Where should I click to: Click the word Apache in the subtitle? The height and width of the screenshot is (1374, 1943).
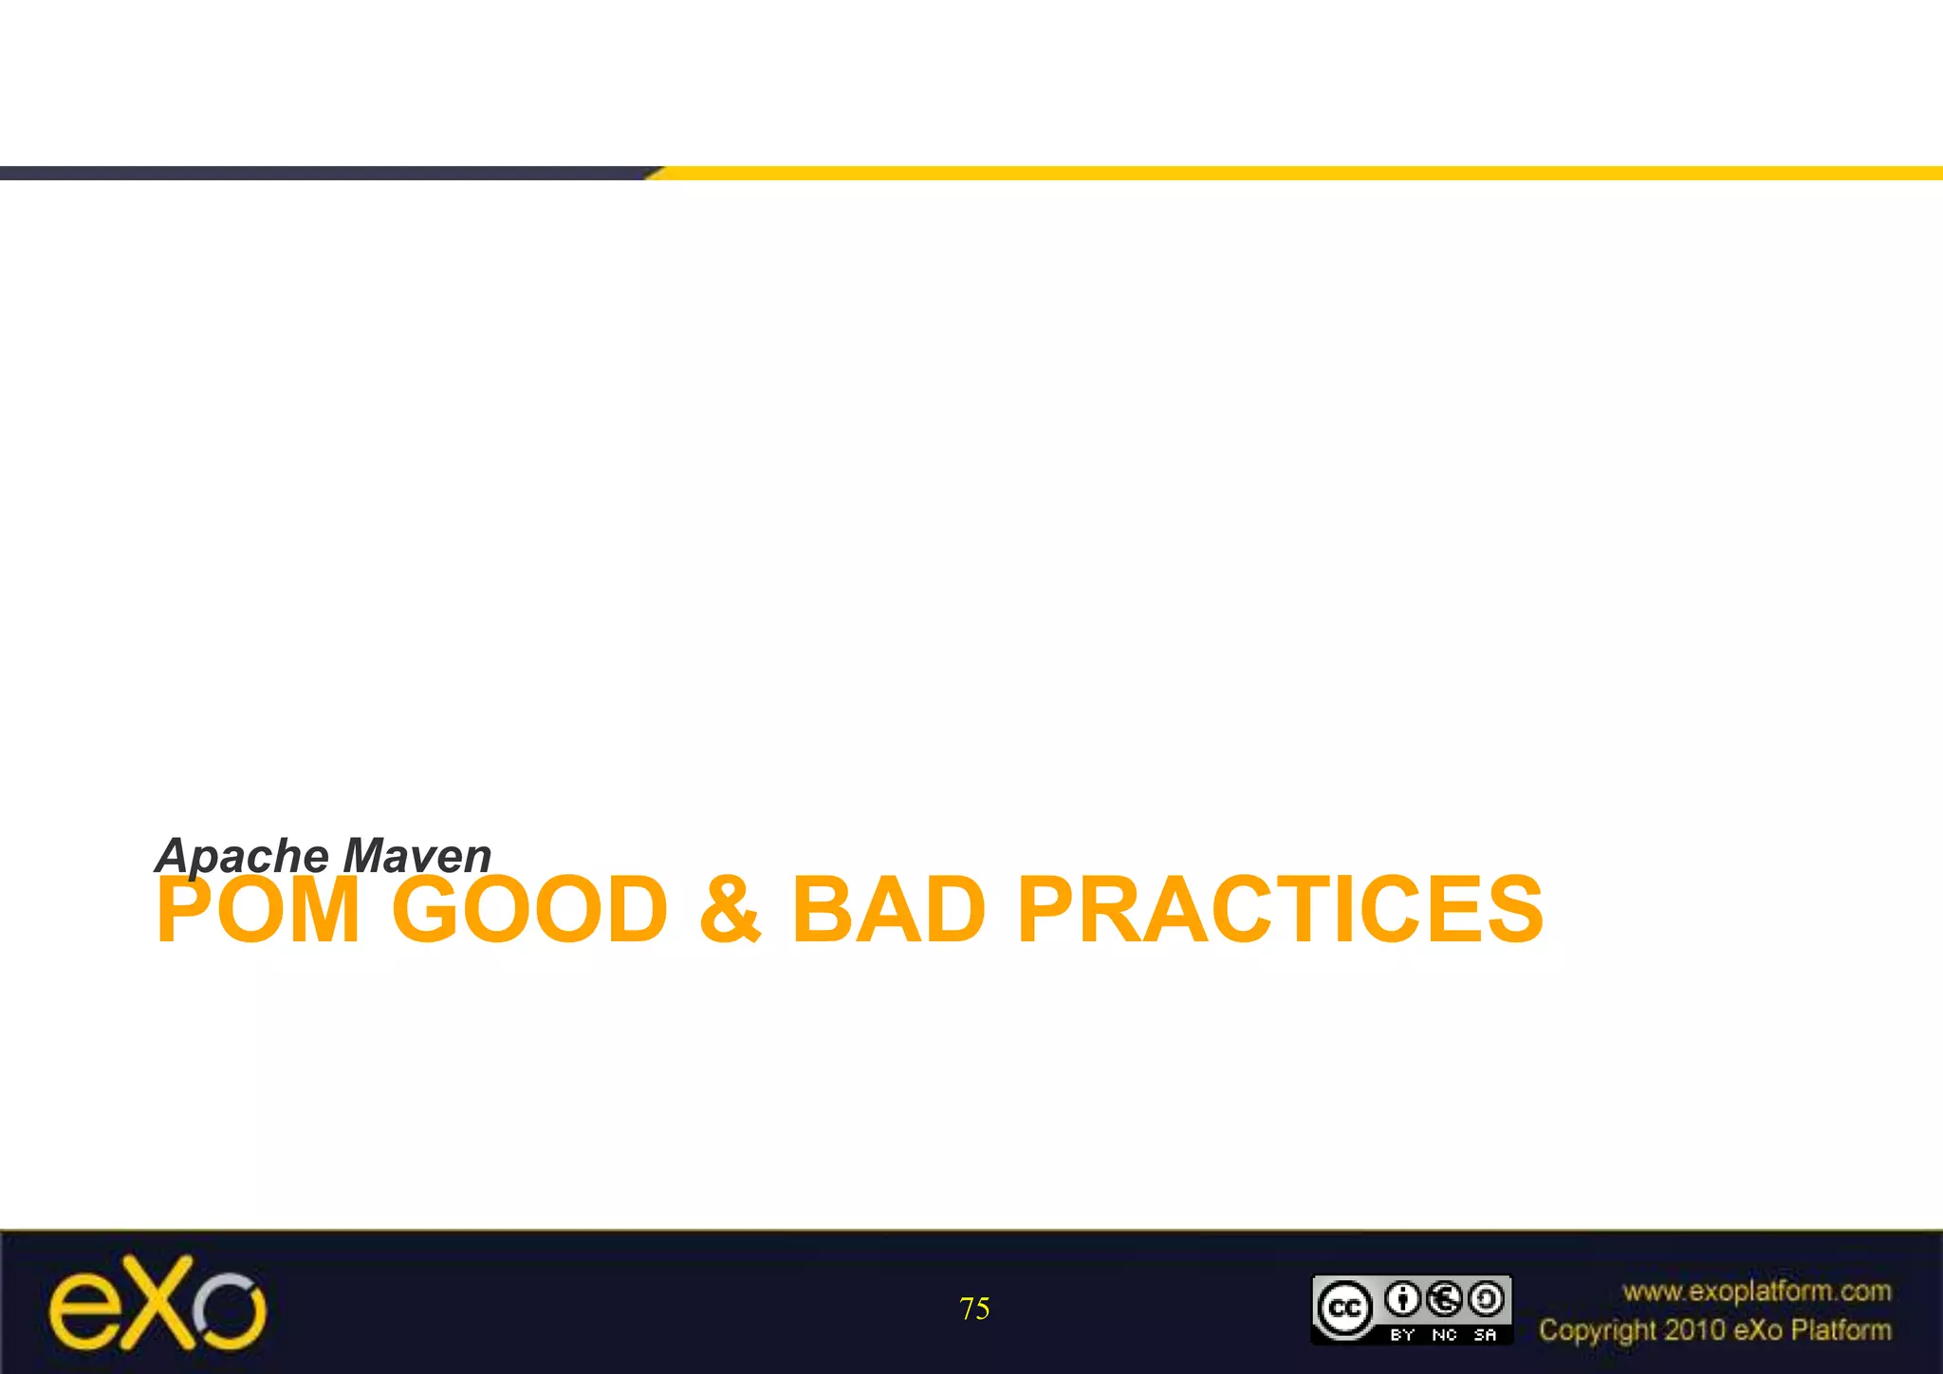[x=243, y=855]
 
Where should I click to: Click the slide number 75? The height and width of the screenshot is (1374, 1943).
[x=974, y=1309]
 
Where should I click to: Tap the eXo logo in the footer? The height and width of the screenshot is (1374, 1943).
[x=157, y=1304]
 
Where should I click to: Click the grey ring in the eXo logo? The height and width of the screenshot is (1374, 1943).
[x=230, y=1309]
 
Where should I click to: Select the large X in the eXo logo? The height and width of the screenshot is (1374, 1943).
[x=157, y=1302]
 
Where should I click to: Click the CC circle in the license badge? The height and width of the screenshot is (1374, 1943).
[x=1344, y=1308]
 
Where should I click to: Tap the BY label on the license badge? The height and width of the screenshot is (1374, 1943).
[x=1402, y=1334]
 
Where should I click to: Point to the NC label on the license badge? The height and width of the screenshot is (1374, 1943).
[x=1444, y=1334]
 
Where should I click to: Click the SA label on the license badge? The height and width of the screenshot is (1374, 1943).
[x=1486, y=1334]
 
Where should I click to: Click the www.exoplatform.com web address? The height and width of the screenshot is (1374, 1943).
[x=1756, y=1290]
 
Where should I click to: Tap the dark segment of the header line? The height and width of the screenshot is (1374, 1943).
[x=323, y=173]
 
